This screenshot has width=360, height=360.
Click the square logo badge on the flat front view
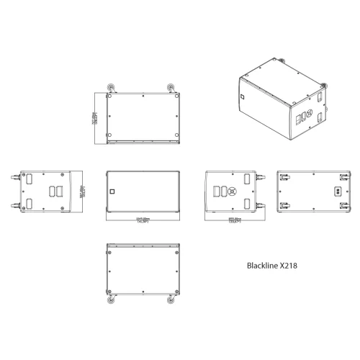coord(112,192)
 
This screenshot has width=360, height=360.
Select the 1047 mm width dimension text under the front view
coord(141,219)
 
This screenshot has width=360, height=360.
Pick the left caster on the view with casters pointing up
coord(112,89)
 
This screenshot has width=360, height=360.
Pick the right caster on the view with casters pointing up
coord(170,89)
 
